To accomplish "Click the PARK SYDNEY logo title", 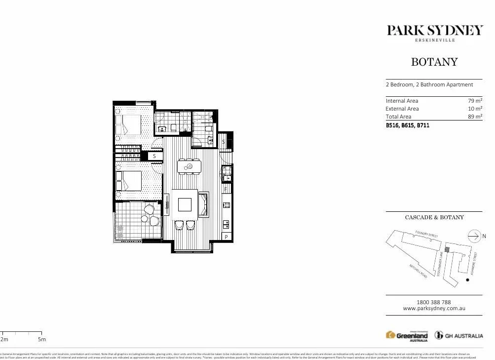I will coord(434,31).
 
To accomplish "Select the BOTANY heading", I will coord(434,62).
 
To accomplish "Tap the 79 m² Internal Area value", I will coord(475,101).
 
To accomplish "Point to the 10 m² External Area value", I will coord(475,109).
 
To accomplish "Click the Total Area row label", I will coord(398,117).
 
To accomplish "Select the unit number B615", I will coord(408,125).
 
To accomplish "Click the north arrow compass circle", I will coord(474,236).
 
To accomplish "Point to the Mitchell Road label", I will coord(418,271).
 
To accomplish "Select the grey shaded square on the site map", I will coord(447,250).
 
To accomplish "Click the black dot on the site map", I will coord(467,280).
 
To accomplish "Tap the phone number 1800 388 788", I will coord(434,302).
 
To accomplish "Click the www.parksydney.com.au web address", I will coord(434,309).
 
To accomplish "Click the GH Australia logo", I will coord(458,336).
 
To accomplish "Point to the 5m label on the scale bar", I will coord(42,339).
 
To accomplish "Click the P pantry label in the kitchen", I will coord(227,237).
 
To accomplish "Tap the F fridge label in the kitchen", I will coord(226,189).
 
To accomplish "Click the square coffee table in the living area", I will coord(185,204).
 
